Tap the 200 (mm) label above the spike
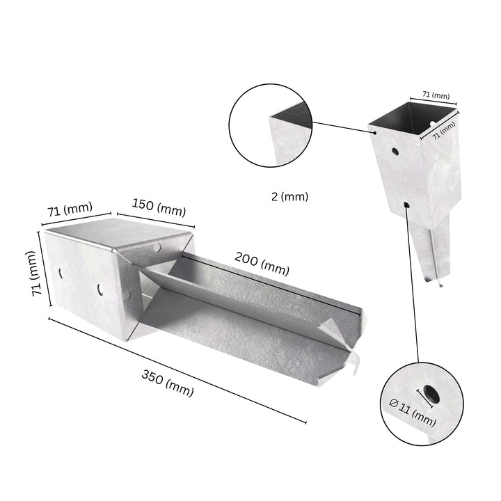[262, 265]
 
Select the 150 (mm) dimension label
[160, 209]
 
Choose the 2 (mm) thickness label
[289, 197]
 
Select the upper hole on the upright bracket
[395, 150]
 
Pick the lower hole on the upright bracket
[406, 205]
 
